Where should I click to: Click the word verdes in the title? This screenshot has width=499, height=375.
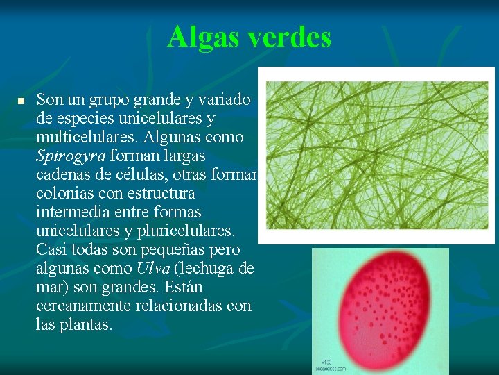289,37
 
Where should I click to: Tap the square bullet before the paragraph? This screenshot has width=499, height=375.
21,102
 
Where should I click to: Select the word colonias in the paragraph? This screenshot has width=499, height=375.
64,193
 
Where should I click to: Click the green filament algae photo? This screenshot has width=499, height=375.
377,156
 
